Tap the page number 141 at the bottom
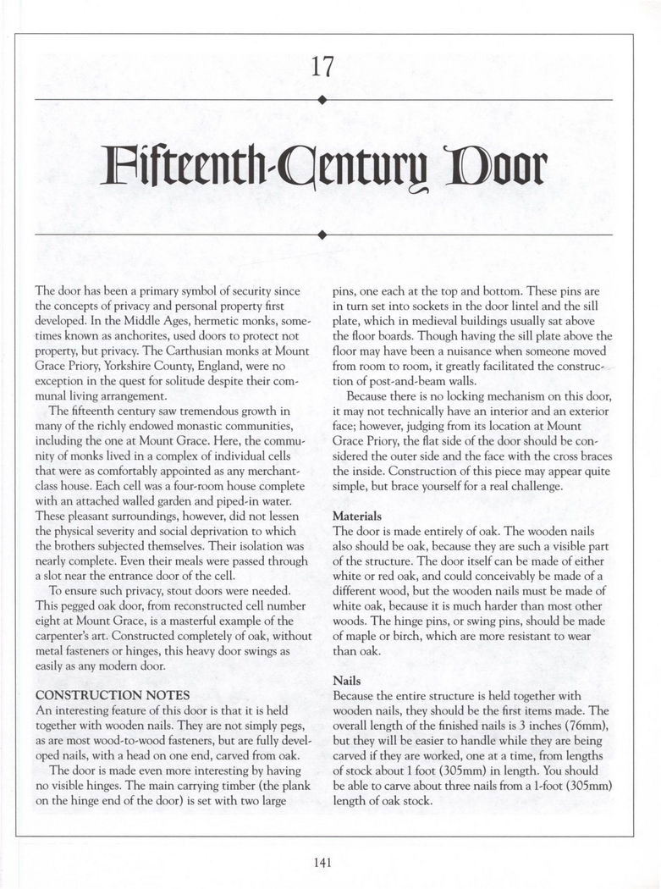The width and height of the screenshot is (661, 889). coord(322,863)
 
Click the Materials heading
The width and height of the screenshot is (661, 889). coord(357,516)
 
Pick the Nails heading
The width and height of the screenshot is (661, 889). coord(347,680)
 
